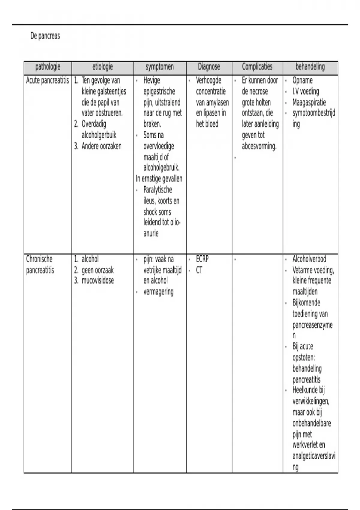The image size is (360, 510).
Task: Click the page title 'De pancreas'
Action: (x=45, y=36)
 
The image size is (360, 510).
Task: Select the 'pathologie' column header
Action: (x=48, y=67)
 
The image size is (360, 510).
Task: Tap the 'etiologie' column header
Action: (x=103, y=67)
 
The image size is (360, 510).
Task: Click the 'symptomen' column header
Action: (x=160, y=67)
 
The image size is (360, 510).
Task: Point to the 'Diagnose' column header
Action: (x=209, y=67)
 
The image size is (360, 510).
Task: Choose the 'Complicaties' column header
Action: (x=257, y=67)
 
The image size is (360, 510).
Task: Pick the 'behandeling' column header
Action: (x=310, y=67)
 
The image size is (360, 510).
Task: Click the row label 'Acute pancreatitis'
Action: (x=47, y=80)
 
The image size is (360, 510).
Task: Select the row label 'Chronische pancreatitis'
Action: (x=40, y=264)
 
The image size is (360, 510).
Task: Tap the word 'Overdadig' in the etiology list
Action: (x=94, y=124)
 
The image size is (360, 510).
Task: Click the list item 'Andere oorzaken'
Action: (x=101, y=146)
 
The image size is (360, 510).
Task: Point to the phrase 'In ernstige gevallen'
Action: (x=159, y=179)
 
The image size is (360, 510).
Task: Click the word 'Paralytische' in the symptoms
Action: (x=157, y=190)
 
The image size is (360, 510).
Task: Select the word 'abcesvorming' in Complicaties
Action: (x=259, y=146)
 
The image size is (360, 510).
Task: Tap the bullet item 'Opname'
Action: (x=302, y=80)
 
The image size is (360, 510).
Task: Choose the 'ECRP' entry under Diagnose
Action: (x=202, y=259)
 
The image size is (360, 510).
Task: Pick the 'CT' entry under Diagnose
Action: (x=199, y=270)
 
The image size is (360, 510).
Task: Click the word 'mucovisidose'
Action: (x=97, y=280)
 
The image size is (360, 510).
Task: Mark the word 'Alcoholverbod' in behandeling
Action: (x=309, y=259)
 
